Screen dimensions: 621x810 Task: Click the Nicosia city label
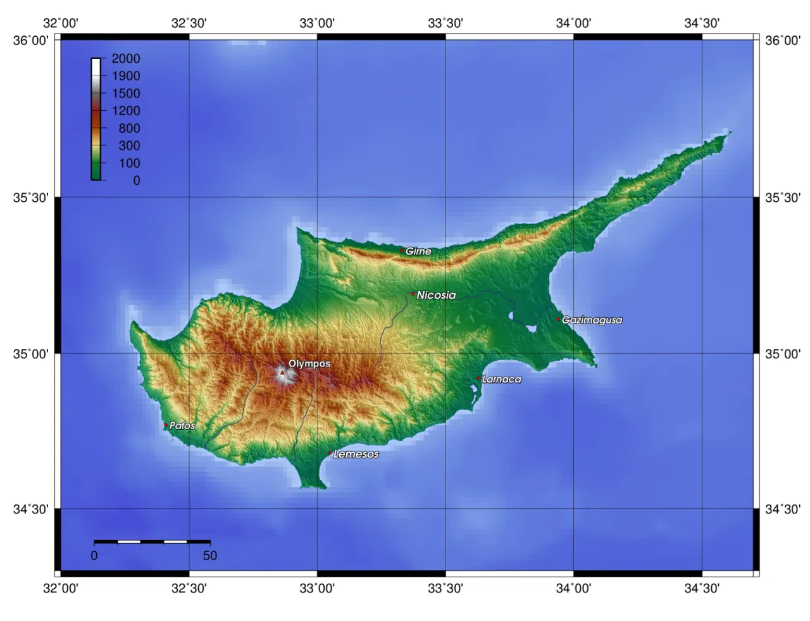click(436, 295)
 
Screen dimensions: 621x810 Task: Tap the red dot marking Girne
click(402, 250)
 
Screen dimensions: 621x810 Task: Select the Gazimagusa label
click(592, 320)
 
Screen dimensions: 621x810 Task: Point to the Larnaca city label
click(502, 379)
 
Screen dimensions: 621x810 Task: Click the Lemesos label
click(356, 454)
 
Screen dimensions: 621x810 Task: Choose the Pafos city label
click(182, 426)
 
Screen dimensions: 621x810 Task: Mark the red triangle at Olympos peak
click(282, 373)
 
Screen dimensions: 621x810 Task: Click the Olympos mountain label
click(309, 363)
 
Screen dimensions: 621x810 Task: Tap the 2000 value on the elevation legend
click(126, 58)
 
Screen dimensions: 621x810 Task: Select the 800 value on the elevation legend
click(129, 128)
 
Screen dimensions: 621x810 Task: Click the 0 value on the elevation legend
click(136, 180)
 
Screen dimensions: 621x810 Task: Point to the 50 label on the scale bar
click(210, 556)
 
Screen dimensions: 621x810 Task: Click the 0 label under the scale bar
click(94, 556)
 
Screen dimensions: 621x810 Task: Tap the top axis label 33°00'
click(317, 23)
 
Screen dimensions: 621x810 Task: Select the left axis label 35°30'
click(31, 198)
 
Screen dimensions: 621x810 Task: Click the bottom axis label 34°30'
click(702, 589)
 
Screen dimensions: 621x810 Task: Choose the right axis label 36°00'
click(782, 41)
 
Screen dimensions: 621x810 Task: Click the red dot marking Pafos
click(166, 425)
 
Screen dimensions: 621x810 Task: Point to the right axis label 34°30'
click(782, 509)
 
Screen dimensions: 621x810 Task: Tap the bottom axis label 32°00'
click(61, 589)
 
